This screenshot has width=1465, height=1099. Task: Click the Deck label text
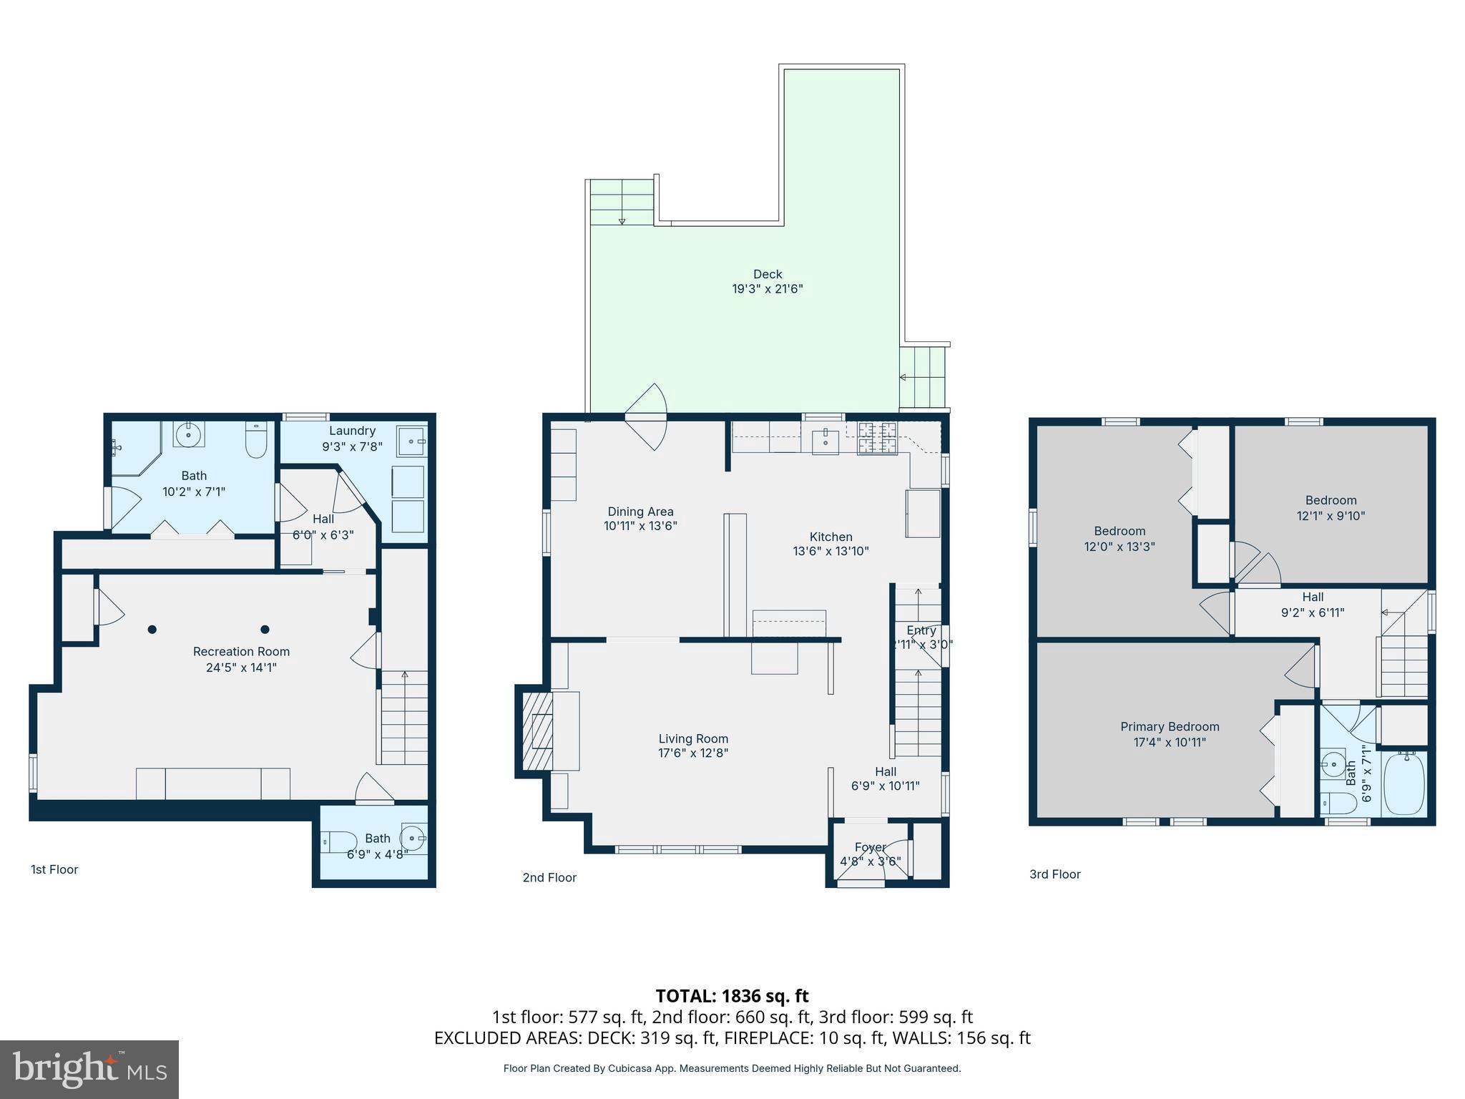pos(767,274)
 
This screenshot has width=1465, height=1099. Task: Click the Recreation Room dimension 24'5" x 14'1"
pos(240,668)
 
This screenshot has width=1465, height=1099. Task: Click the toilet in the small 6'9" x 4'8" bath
pos(340,842)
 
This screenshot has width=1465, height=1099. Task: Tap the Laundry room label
pos(352,431)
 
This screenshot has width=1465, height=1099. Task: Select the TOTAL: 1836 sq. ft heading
pos(732,996)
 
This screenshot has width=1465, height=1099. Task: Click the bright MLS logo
pos(89,1069)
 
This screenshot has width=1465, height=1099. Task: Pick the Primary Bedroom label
pos(1170,727)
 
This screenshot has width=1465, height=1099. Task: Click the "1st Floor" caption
pos(54,869)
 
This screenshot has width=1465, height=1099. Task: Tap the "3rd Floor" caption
pos(1054,874)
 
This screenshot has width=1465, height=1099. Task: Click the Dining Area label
pos(640,512)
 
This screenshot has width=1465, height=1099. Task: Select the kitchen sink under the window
pos(825,439)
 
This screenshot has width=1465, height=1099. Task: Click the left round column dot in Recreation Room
pos(152,630)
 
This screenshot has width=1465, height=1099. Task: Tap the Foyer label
pos(870,847)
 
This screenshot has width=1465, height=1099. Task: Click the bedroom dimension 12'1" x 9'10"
pos(1331,516)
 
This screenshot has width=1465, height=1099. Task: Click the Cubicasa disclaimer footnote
pos(732,1068)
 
